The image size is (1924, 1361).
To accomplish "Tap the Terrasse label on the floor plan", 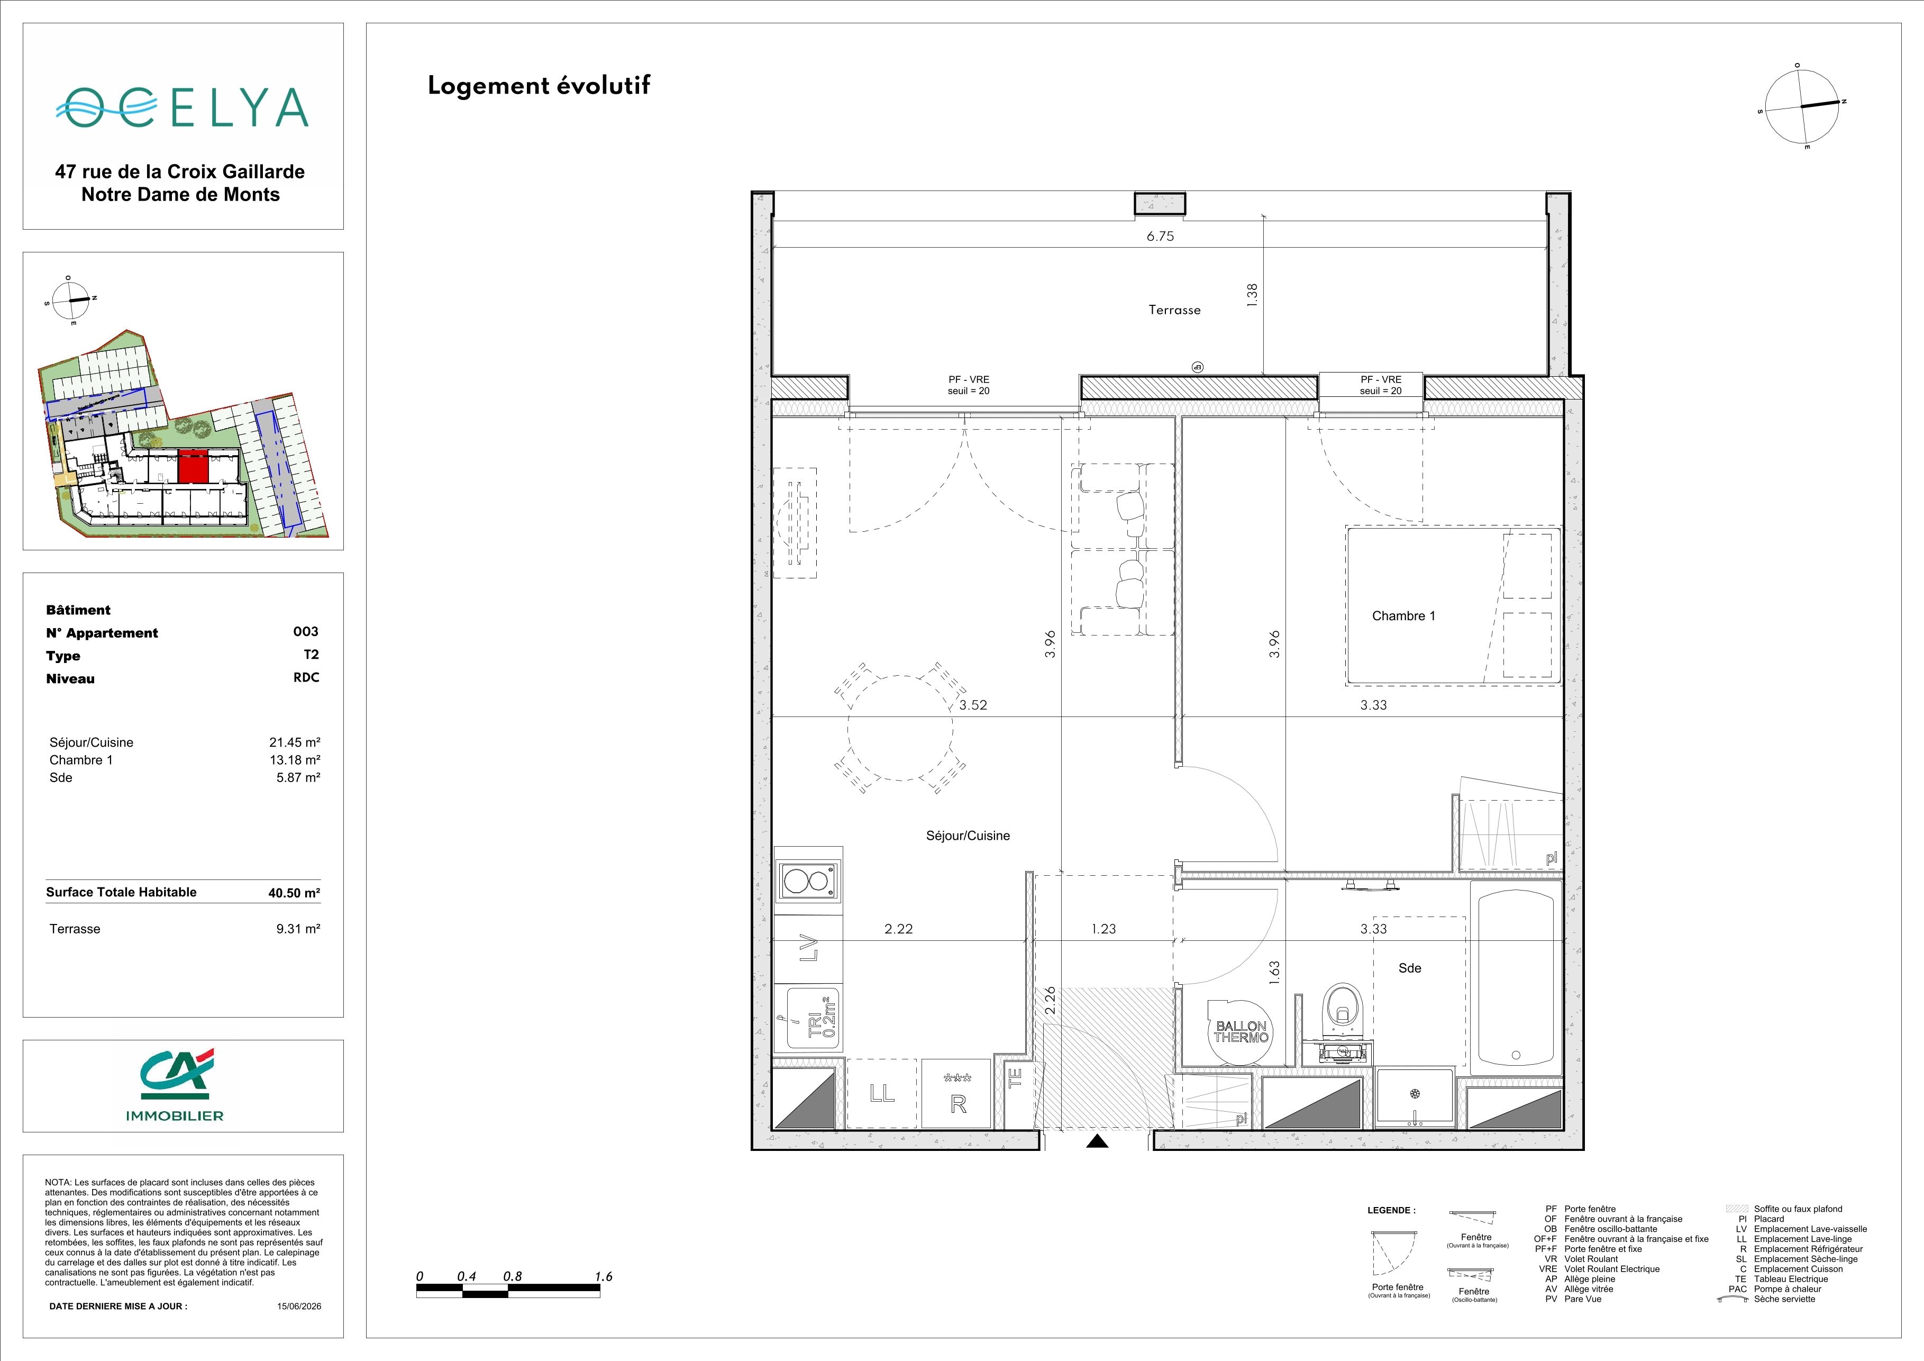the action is [x=1174, y=310].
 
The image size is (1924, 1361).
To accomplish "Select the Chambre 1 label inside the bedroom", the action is [x=1403, y=616].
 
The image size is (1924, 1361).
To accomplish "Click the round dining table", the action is [x=900, y=728].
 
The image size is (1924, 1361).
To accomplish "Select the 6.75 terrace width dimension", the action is [x=1161, y=237].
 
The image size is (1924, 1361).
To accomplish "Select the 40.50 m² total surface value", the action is [x=294, y=893].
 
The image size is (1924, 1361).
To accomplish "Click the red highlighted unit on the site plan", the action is [x=193, y=466].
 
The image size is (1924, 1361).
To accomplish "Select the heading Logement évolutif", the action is [x=539, y=86].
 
